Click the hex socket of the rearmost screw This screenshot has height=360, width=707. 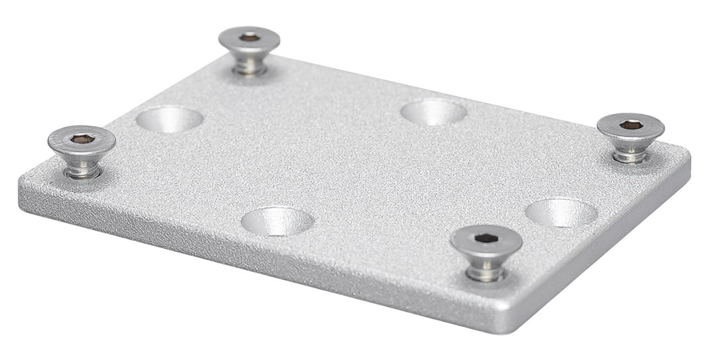point(249,37)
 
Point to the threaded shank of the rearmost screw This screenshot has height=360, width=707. point(249,65)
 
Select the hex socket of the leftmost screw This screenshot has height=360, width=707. point(82,139)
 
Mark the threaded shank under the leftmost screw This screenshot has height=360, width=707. point(82,167)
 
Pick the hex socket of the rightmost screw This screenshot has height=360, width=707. point(631,125)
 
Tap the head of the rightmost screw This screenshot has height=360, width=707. point(646,130)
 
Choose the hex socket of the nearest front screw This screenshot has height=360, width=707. point(486,238)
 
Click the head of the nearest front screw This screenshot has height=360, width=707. point(503,243)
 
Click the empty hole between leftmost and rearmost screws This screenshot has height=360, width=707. point(170,119)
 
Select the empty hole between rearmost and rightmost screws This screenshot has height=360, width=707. point(434,112)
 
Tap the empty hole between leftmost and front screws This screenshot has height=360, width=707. point(277,221)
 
